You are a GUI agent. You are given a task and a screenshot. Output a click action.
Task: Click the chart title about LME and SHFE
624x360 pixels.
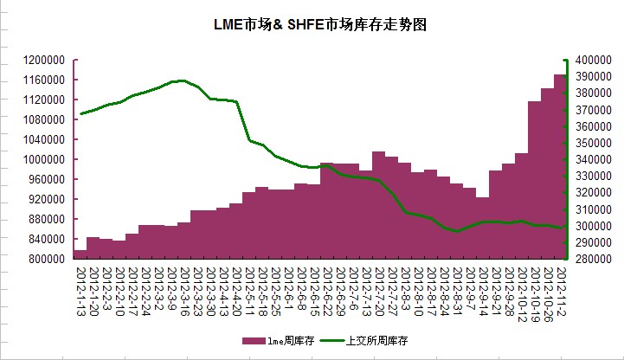tap(319, 25)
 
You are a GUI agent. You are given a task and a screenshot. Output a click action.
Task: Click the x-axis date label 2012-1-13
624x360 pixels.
tap(80, 290)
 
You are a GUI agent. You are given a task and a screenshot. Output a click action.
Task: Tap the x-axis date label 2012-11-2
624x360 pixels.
tap(560, 290)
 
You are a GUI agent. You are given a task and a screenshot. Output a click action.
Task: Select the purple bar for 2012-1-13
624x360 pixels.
tap(80, 254)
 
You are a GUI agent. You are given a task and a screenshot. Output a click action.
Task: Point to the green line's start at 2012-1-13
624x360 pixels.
tap(80, 113)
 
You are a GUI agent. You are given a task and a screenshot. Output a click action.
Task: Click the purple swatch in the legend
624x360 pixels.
tap(252, 341)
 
